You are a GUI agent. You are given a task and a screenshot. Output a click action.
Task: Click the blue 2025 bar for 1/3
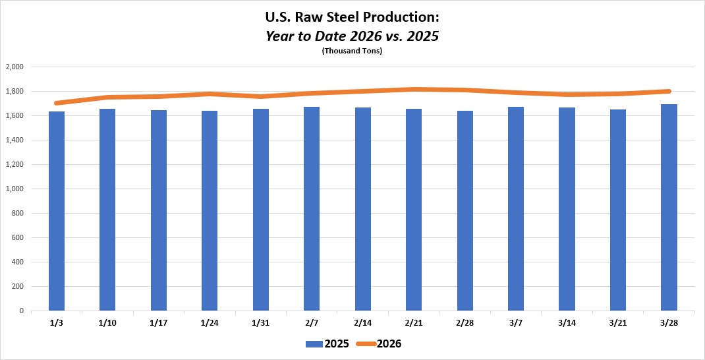coord(57,211)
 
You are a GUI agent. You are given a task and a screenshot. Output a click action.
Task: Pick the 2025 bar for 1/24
coord(210,210)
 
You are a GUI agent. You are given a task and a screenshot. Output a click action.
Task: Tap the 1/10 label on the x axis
coord(107,322)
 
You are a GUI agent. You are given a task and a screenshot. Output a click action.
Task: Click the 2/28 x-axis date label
coord(465,322)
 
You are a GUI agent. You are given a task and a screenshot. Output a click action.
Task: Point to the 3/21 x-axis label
coord(617,322)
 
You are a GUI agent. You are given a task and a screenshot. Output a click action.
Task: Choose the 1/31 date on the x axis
coord(260,322)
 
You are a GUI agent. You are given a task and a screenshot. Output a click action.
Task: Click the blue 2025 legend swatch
coord(314,344)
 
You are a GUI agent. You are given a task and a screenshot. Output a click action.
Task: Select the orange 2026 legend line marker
coord(366,344)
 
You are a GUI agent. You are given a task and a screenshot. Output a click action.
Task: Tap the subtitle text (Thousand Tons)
coord(352,51)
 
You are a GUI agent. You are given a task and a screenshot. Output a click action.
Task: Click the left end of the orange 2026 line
coord(57,103)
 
